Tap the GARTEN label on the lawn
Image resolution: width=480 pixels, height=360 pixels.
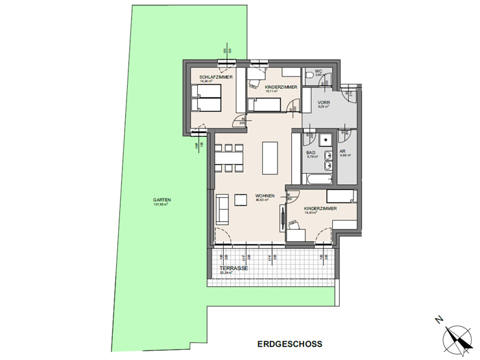[162, 200]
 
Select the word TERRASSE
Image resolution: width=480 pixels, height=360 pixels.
[233, 268]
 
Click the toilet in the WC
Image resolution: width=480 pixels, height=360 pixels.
[328, 80]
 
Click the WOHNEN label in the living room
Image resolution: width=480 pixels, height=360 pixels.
[265, 195]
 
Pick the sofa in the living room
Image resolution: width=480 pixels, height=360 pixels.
[222, 209]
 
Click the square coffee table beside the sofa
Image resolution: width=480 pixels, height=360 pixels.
[241, 199]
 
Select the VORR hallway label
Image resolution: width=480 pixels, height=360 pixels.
[324, 103]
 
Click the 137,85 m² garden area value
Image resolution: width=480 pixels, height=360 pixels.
[162, 204]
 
